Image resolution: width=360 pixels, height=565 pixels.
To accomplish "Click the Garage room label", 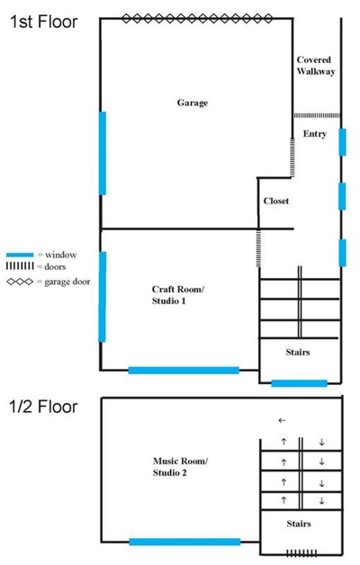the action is [x=193, y=103].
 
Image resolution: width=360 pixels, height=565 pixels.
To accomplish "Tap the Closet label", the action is [x=276, y=201].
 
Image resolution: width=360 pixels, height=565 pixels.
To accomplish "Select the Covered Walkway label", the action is [x=316, y=66].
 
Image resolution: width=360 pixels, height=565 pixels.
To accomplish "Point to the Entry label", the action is [x=315, y=134].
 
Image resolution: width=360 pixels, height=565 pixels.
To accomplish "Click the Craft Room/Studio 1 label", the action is [x=177, y=295].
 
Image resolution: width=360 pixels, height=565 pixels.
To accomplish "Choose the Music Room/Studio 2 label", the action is [x=180, y=467].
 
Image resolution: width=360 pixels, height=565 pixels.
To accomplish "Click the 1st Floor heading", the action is [x=43, y=22].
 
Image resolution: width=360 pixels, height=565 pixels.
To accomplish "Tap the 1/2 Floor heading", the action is [x=43, y=407].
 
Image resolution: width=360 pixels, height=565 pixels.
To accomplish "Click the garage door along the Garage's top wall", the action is [x=197, y=18].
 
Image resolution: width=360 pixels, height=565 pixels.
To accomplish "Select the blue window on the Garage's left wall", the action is [x=103, y=153].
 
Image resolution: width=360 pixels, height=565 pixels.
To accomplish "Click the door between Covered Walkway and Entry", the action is [x=317, y=116].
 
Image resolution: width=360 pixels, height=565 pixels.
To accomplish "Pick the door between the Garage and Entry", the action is [x=292, y=157].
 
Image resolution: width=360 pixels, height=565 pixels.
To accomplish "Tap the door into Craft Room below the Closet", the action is [x=258, y=248].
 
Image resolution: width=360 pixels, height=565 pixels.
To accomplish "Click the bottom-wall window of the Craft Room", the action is [x=184, y=370].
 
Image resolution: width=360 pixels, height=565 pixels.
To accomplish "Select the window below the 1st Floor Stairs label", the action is [x=299, y=383].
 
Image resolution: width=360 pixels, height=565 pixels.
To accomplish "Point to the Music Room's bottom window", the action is [x=184, y=542].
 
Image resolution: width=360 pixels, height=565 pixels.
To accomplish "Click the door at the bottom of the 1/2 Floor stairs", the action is [x=301, y=553].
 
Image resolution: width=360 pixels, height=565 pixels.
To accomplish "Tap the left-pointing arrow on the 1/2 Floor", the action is [x=283, y=420].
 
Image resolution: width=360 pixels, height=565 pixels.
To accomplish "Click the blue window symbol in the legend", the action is [x=20, y=255].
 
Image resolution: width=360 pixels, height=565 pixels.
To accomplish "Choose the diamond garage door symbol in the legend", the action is [x=20, y=282].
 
